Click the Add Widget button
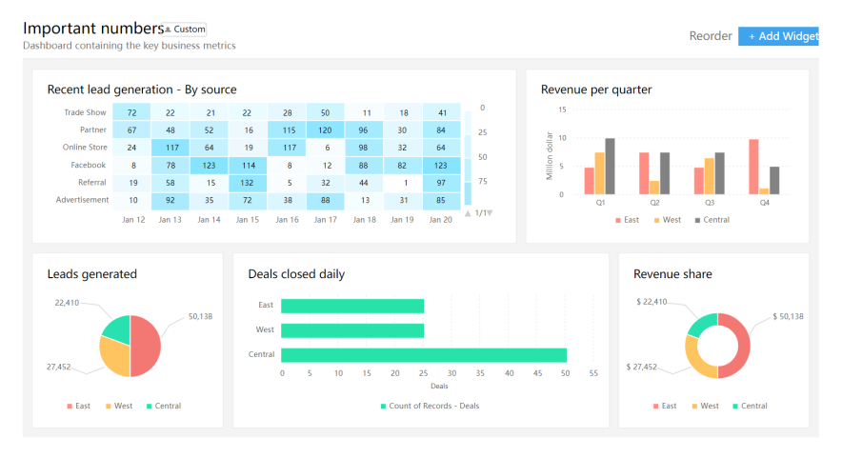click(x=778, y=36)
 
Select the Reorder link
click(x=711, y=36)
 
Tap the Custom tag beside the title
click(x=186, y=30)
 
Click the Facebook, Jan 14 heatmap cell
click(x=210, y=165)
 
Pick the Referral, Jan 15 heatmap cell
click(x=248, y=182)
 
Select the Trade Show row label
click(x=85, y=112)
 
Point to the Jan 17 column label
click(x=326, y=220)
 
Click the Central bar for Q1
click(x=610, y=167)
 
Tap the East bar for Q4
click(x=753, y=167)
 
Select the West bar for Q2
click(x=654, y=188)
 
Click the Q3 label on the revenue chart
click(x=709, y=203)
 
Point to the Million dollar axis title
click(x=550, y=156)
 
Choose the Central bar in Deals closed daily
click(x=424, y=355)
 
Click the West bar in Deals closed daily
click(x=352, y=330)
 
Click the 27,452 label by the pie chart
click(x=57, y=367)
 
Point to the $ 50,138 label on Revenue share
click(x=788, y=316)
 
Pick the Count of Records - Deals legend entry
click(x=431, y=407)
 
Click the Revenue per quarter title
click(x=596, y=90)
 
